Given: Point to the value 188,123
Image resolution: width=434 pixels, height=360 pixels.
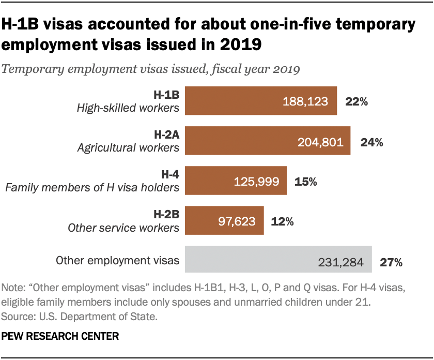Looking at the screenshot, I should pos(305,101).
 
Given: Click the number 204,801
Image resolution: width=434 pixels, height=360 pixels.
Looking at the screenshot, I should pos(320,141).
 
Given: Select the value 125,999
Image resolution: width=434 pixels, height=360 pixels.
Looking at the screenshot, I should pos(257,181).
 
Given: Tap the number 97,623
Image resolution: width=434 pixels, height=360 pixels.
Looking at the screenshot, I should pos(234,221).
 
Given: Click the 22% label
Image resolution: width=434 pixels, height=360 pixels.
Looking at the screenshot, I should pos(357,101).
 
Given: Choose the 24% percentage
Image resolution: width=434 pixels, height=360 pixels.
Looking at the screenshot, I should pos(371,141).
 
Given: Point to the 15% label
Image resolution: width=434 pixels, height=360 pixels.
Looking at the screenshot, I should pos(305,181).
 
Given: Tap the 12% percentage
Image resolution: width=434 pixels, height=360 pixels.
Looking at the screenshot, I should pos(283,221).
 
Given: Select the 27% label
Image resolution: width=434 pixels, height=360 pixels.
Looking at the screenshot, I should pos(391,261).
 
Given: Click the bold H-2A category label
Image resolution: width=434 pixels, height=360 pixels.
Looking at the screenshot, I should pos(166,135).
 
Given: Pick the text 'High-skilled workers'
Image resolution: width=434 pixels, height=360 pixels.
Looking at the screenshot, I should pos(128,108).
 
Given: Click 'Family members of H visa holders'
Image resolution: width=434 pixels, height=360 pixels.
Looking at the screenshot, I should pos(92,187).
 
